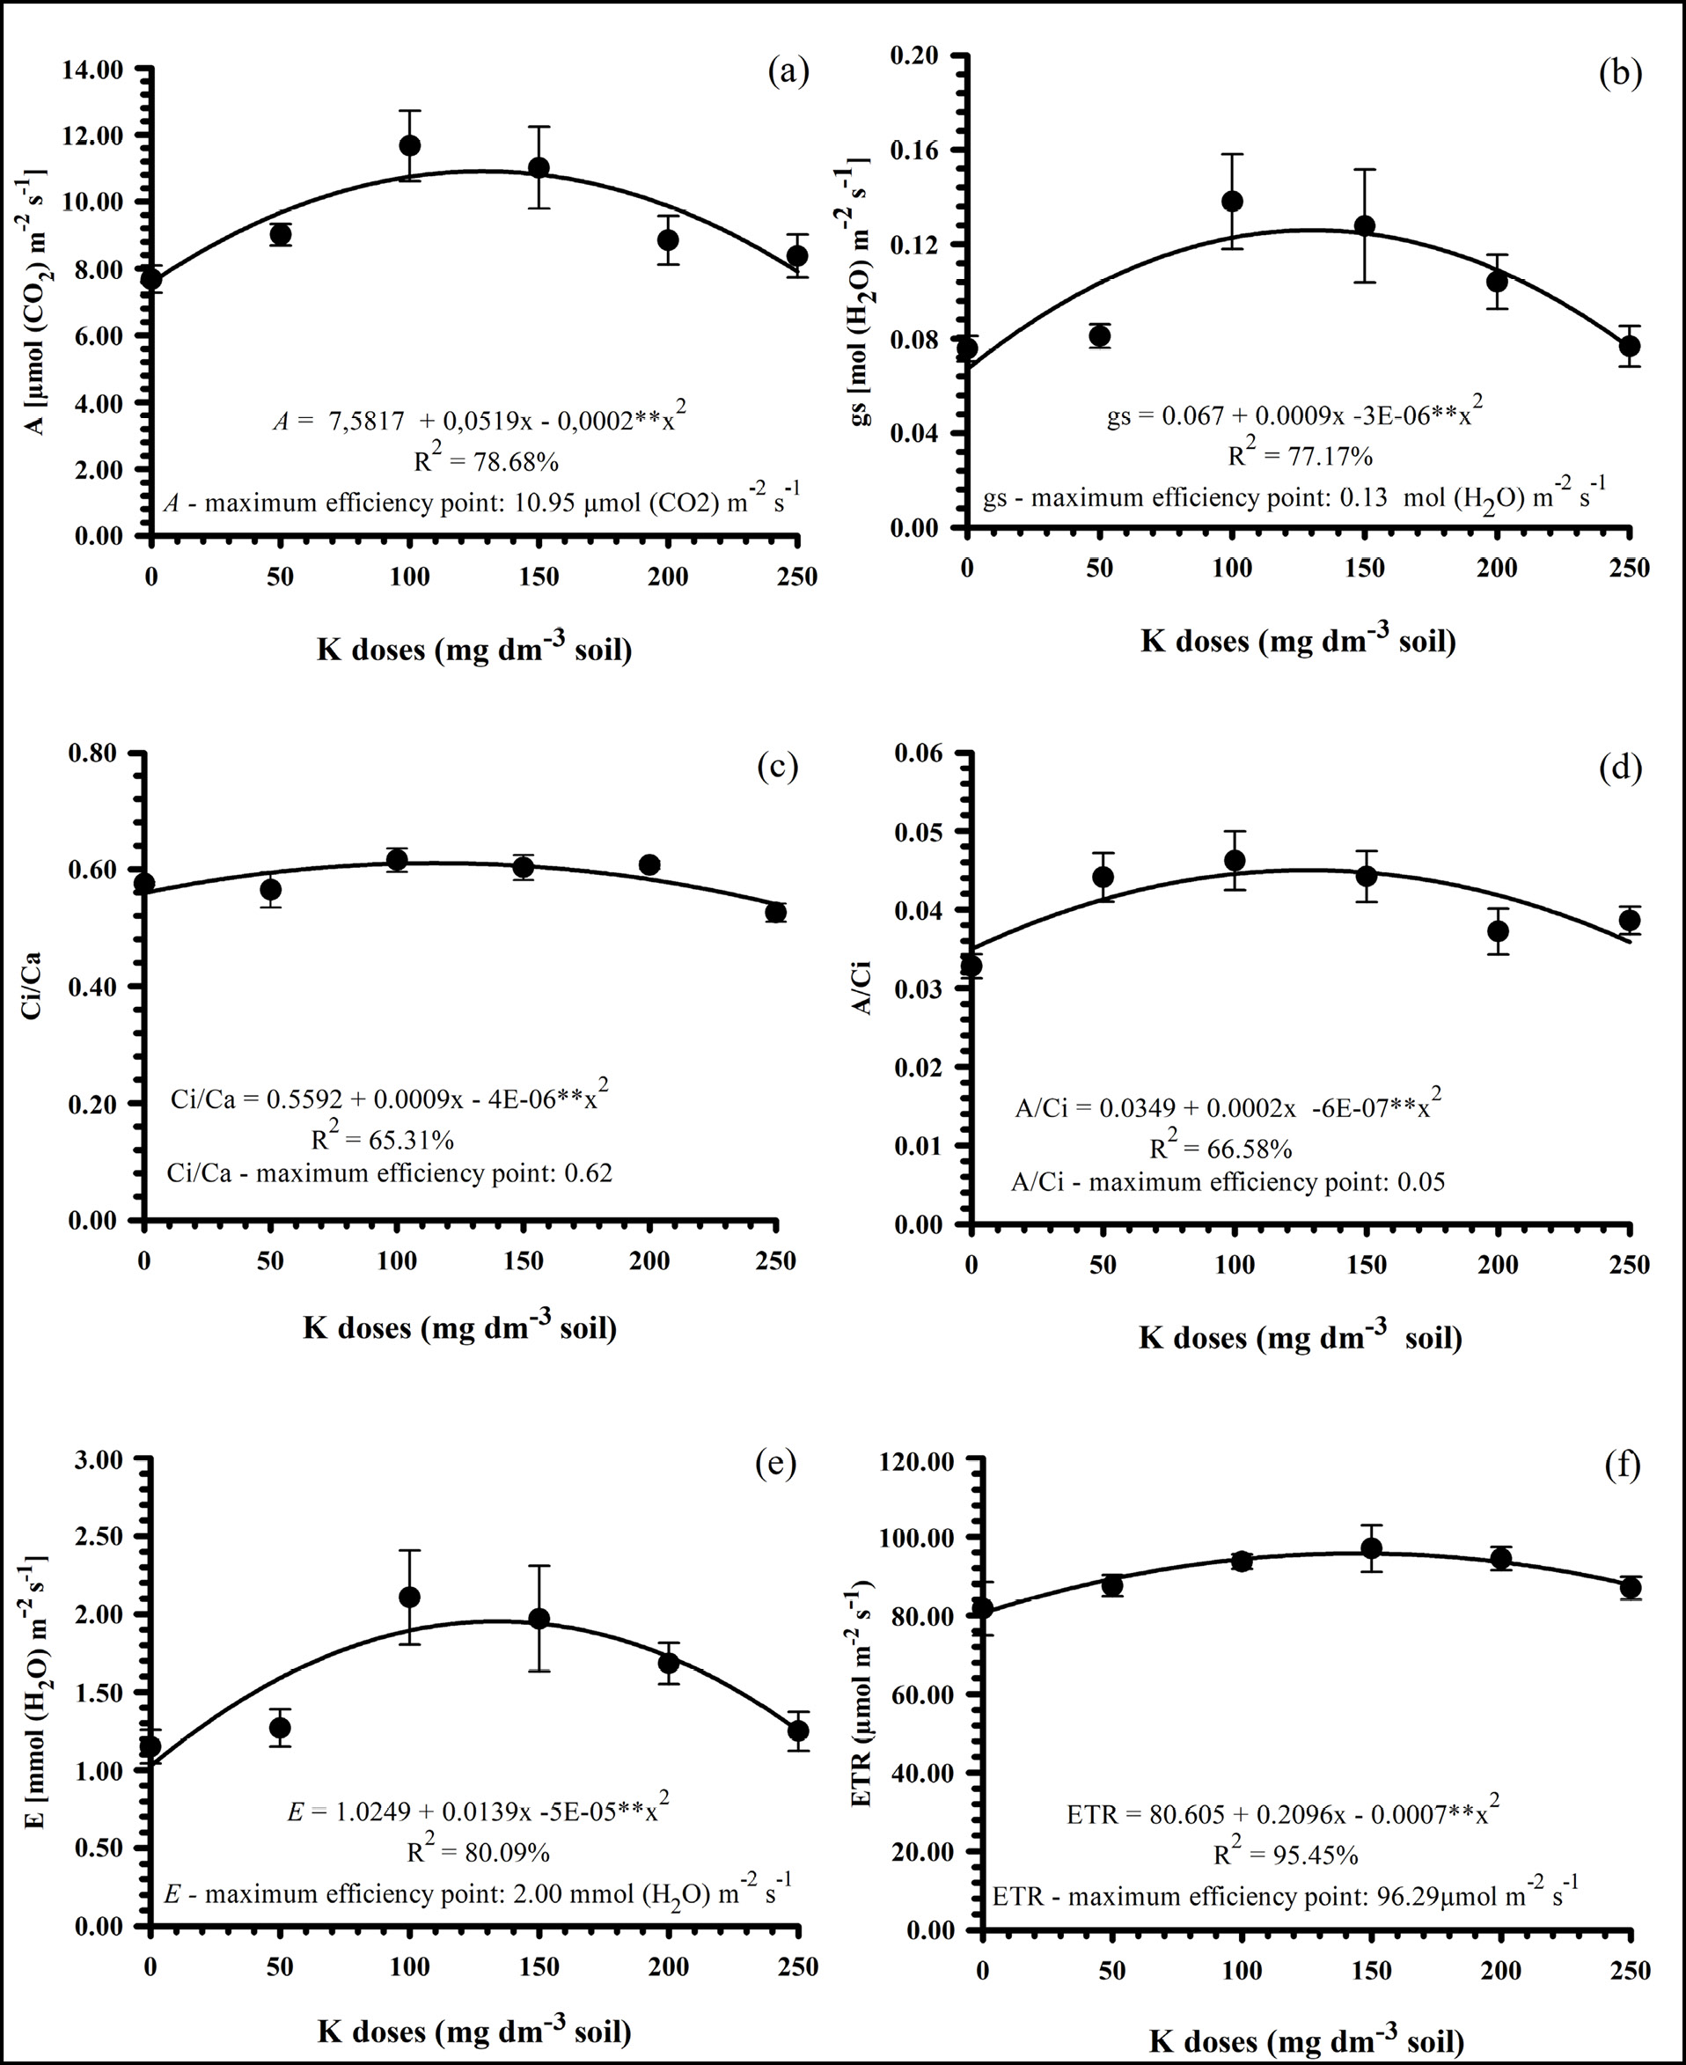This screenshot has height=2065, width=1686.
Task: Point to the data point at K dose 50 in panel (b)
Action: click(x=1099, y=336)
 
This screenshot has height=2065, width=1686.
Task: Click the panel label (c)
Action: click(x=776, y=767)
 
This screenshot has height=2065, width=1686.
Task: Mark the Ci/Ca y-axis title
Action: click(x=33, y=987)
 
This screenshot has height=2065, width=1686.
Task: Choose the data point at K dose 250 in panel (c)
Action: click(x=775, y=912)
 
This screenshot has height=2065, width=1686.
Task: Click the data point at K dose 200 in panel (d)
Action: click(x=1498, y=930)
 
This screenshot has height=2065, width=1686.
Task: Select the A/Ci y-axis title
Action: click(x=861, y=988)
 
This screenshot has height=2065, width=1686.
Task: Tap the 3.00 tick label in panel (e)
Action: click(x=95, y=1460)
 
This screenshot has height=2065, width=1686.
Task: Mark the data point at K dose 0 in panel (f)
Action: click(x=983, y=1607)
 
